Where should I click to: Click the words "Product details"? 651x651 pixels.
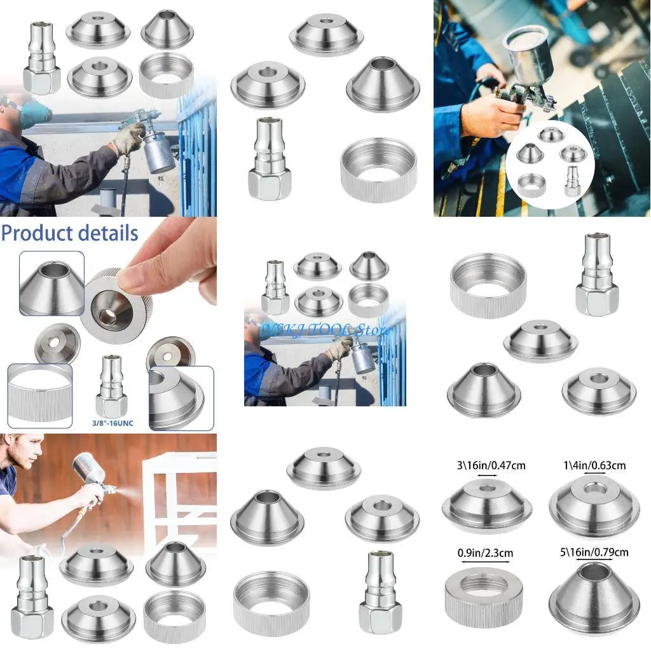(x=69, y=233)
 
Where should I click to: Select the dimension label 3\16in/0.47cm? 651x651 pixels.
(x=488, y=465)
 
